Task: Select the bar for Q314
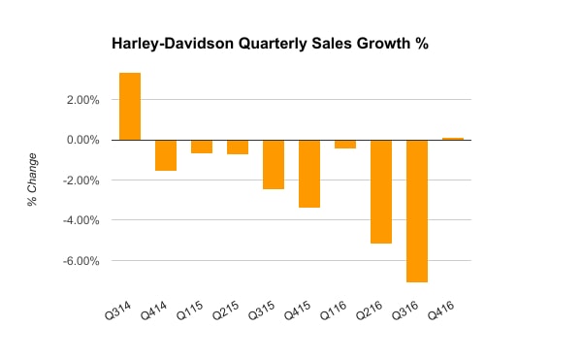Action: click(x=130, y=107)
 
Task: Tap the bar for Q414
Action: click(x=166, y=155)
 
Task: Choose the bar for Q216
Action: click(x=381, y=191)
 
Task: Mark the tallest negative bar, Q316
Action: click(x=417, y=211)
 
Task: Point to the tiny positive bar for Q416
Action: click(x=453, y=139)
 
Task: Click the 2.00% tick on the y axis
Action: click(x=84, y=100)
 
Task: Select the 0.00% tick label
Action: click(x=84, y=140)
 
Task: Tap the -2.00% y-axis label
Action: click(x=82, y=180)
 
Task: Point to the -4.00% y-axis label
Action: click(x=82, y=220)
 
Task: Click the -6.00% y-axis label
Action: click(x=82, y=261)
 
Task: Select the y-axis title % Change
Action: click(x=32, y=180)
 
